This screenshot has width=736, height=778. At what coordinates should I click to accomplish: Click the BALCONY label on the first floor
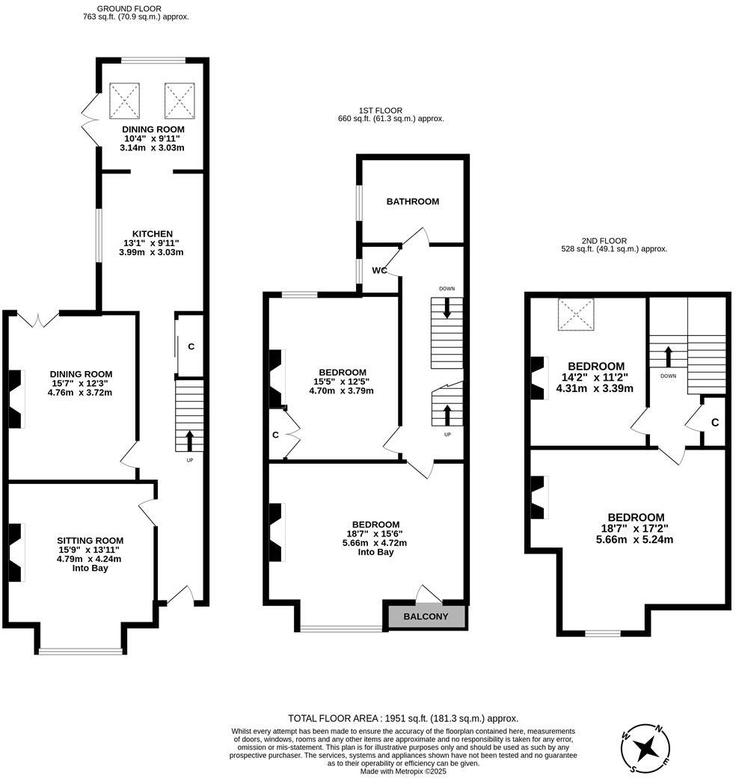point(426,617)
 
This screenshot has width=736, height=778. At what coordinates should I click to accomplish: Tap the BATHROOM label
point(412,201)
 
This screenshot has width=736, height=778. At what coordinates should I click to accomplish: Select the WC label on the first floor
point(380,270)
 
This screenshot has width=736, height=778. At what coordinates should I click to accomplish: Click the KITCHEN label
point(152,233)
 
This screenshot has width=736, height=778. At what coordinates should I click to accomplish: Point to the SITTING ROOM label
point(90,540)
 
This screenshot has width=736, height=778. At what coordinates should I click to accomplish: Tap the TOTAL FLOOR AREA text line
point(403,717)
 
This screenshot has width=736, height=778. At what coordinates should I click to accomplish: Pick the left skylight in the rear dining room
point(125,100)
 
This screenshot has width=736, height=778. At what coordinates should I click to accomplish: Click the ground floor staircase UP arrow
point(189,438)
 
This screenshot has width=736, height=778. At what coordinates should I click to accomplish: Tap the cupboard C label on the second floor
point(715,423)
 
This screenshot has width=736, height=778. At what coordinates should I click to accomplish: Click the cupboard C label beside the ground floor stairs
point(191,346)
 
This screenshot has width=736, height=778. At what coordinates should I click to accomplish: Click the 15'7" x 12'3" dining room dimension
point(81,385)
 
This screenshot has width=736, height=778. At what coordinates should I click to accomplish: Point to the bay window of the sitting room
point(81,650)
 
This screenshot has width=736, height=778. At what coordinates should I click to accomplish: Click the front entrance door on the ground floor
point(180,595)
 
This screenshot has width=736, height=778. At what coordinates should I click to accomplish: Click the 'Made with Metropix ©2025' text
point(403,771)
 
